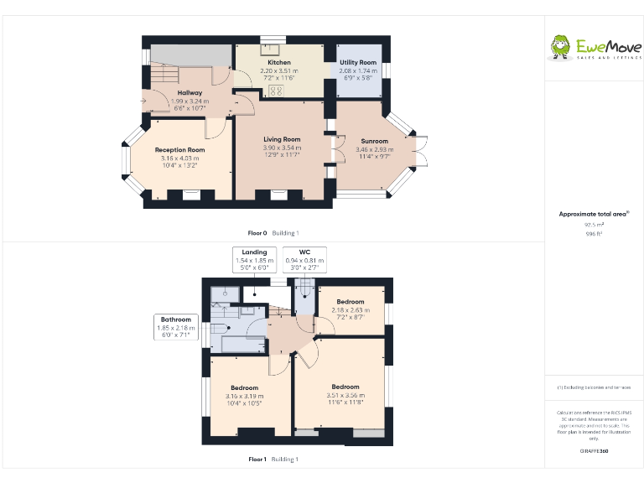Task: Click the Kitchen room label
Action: click(x=279, y=63)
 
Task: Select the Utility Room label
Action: click(x=358, y=63)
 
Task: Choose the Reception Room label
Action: click(x=179, y=149)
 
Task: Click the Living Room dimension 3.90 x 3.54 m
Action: click(x=282, y=148)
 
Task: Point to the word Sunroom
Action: click(x=375, y=141)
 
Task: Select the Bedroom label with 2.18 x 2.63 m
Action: click(x=351, y=301)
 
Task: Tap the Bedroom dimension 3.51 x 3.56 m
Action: click(x=345, y=395)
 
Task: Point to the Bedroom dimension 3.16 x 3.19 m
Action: click(x=244, y=396)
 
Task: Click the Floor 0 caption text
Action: click(x=257, y=232)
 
